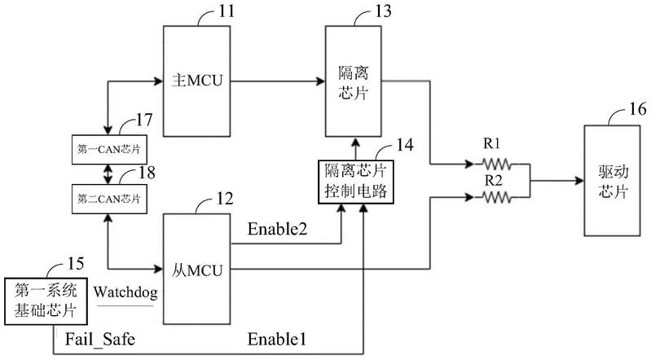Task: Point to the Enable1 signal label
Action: click(x=279, y=336)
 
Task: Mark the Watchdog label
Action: click(x=123, y=291)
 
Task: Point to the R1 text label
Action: click(x=492, y=144)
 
